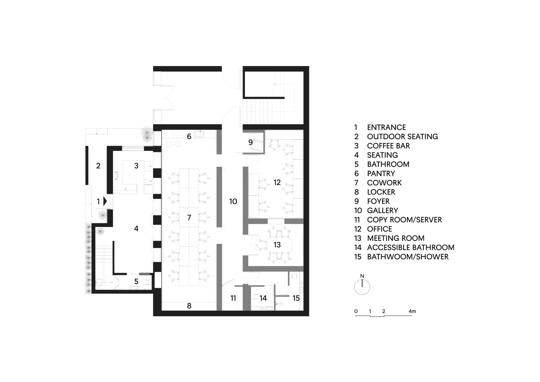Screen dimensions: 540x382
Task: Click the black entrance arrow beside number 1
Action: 105,201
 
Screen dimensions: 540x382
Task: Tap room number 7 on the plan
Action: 189,218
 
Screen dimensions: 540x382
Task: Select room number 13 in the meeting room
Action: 277,245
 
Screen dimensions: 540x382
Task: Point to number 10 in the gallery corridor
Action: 233,202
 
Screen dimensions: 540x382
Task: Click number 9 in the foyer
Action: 250,142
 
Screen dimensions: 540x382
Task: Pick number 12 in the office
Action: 277,182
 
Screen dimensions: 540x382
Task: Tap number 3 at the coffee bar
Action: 136,166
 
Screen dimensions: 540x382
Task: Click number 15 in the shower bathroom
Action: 296,298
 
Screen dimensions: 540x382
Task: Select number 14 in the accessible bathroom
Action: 263,298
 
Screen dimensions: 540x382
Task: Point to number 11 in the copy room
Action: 233,298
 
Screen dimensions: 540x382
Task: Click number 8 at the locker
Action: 189,306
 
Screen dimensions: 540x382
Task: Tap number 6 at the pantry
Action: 189,137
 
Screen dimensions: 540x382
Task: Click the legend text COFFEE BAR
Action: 388,146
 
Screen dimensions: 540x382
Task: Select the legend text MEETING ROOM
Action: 396,238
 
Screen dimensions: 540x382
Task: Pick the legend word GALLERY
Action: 382,211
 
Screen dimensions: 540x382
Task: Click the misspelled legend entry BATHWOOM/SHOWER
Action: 408,257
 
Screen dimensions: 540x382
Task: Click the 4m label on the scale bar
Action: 412,311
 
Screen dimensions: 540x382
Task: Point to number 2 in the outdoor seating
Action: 98,166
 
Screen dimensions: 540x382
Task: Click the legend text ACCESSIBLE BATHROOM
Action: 411,247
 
